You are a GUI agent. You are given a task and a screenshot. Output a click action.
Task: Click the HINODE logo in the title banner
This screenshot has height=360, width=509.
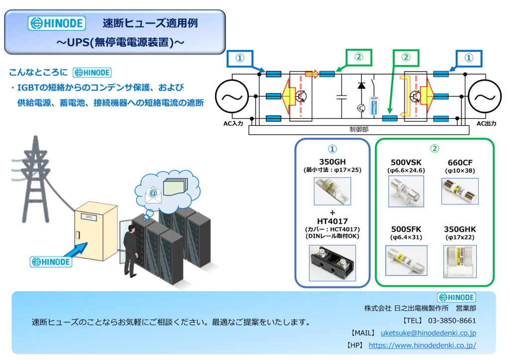57,23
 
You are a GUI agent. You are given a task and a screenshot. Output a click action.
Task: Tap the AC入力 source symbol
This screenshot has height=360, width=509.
232,96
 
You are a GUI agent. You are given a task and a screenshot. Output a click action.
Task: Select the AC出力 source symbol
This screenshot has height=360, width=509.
485,96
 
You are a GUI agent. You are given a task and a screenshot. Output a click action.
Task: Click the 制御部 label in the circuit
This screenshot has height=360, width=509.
359,129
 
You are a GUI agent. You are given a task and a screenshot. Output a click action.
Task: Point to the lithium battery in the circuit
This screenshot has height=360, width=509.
374,106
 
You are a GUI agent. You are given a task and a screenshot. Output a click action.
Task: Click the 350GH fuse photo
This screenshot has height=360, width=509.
333,191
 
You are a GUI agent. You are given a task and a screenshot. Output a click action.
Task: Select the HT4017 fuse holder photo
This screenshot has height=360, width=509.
333,263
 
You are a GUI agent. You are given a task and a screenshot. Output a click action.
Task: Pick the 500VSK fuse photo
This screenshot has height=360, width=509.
406,191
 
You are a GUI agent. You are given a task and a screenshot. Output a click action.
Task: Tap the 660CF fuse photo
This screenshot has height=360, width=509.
460,191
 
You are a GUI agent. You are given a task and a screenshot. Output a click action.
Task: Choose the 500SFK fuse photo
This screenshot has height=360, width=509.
406,261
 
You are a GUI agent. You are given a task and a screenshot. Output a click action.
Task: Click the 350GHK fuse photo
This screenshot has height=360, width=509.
460,262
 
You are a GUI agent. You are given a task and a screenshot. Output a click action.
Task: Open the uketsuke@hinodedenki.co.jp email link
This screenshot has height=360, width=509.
428,333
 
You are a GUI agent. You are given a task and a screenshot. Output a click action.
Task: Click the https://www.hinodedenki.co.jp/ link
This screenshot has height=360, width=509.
423,346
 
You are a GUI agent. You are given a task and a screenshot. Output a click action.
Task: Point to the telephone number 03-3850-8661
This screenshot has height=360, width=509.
452,321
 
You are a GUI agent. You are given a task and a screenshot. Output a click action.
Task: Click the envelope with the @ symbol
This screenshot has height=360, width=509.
153,195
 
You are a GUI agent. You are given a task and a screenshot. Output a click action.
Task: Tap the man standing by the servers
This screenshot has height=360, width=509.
131,251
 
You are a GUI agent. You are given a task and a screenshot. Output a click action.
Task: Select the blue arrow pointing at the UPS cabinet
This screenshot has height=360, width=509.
76,250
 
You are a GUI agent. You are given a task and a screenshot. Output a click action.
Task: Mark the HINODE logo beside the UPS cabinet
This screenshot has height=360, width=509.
51,262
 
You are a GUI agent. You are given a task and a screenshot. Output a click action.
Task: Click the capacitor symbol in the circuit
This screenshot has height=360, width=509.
341,97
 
